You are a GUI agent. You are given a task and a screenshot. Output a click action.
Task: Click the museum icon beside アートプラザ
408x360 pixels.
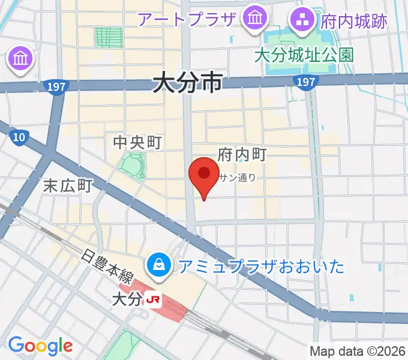(x=256, y=20)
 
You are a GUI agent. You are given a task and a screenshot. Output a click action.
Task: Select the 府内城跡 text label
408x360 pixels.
(x=353, y=22)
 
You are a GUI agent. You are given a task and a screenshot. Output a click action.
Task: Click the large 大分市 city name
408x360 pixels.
(x=187, y=82)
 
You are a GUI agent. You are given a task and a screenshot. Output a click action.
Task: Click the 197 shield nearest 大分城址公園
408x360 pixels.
(x=306, y=81)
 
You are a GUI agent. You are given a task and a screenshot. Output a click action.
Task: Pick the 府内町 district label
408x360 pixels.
(x=242, y=154)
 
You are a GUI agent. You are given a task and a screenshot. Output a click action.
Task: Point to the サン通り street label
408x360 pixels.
(x=238, y=177)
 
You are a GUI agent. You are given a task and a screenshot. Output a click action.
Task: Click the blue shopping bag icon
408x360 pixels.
(x=160, y=263)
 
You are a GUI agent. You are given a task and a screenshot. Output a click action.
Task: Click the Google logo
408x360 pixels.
(x=40, y=346)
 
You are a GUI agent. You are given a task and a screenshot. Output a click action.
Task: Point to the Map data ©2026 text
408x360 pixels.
(x=358, y=351)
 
